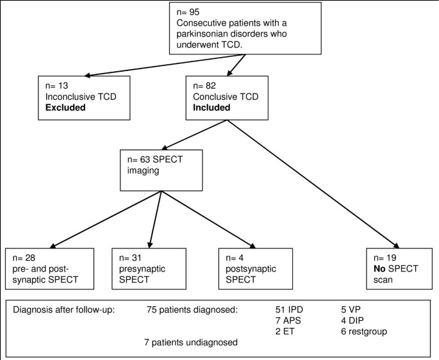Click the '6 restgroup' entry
coord(365,331)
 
